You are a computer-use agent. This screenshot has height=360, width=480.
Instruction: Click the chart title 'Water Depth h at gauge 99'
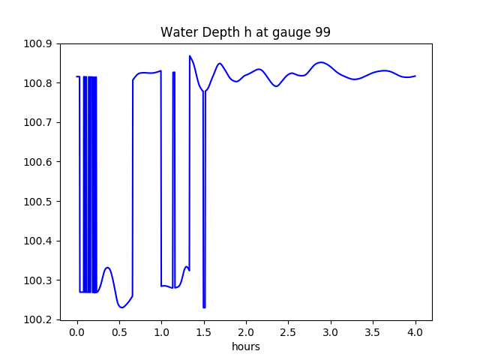tap(245, 32)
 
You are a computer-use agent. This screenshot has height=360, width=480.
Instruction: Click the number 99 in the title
tap(322, 32)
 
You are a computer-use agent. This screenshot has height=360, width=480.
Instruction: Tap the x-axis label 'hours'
tap(245, 346)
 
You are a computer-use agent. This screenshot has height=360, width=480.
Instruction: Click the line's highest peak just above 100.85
tap(190, 56)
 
